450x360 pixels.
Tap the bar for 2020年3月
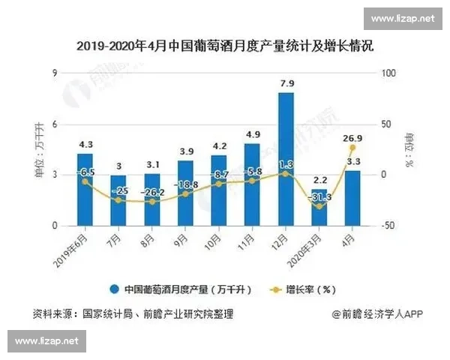(319, 207)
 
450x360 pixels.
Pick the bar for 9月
(185, 193)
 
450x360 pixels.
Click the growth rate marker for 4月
(352, 148)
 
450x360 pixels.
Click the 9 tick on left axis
(55, 73)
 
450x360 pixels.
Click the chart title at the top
(225, 46)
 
